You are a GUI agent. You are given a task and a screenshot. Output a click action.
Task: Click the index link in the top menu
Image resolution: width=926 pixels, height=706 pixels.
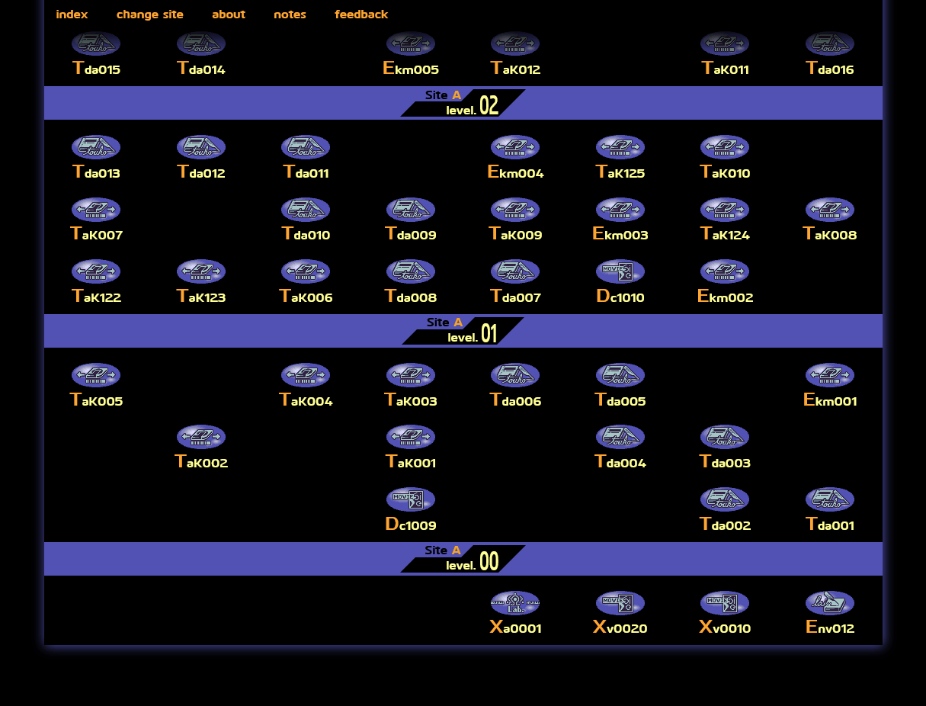pos(72,14)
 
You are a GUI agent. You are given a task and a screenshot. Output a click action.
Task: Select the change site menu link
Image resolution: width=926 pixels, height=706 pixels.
pos(149,14)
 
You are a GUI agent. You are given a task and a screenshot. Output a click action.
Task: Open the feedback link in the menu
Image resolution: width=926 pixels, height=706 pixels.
pos(361,14)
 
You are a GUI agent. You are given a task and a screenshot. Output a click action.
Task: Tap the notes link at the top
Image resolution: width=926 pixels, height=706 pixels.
pos(290,14)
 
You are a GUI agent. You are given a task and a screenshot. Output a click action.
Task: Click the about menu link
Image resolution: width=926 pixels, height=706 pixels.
pos(229,14)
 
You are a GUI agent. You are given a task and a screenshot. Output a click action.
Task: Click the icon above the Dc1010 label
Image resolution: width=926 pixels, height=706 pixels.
pos(620,271)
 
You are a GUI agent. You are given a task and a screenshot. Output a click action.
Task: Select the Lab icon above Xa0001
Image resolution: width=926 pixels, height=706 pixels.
pos(515,603)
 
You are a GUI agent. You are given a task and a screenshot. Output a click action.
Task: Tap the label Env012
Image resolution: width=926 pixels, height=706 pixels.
pos(830,628)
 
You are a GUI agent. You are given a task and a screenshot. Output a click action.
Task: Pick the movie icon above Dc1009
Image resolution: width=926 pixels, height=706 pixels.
pos(411,499)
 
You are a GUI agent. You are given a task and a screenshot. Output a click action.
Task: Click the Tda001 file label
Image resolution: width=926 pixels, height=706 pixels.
pos(830,525)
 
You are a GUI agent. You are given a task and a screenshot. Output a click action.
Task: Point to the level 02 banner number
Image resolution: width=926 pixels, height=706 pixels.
pos(489,106)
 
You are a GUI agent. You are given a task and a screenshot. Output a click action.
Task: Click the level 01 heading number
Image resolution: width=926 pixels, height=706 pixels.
pos(489,334)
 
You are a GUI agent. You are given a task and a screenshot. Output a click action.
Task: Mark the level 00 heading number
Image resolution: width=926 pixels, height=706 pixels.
pos(489,562)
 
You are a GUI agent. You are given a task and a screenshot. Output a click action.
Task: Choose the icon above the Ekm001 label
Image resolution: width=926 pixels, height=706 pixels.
pos(830,375)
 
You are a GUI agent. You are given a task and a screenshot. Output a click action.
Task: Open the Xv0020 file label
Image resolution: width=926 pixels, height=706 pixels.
pos(620,628)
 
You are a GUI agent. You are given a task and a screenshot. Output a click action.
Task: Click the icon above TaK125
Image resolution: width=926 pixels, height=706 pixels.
pos(620,147)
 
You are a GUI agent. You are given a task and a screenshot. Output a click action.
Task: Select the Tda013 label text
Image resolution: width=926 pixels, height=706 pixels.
pos(96,173)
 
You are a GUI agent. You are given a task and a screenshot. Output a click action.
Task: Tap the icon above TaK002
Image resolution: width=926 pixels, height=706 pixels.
pos(201,437)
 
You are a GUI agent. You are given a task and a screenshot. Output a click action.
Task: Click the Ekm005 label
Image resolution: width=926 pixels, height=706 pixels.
pos(411,69)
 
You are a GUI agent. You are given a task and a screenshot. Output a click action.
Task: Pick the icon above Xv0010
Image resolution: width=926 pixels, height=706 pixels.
pos(725,603)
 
